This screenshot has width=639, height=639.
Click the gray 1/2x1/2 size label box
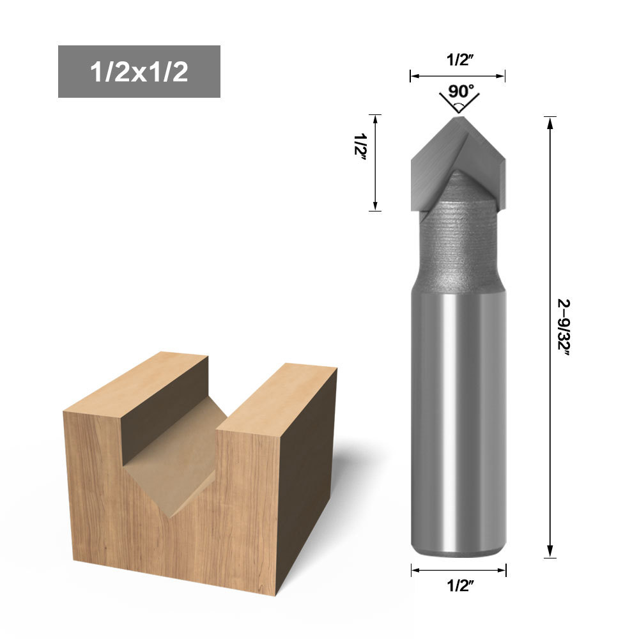click(x=139, y=72)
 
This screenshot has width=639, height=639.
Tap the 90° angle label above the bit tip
click(x=461, y=91)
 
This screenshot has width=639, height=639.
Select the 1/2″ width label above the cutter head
click(x=459, y=59)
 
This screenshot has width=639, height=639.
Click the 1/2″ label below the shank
click(x=460, y=585)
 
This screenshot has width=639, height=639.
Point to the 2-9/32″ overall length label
click(x=564, y=327)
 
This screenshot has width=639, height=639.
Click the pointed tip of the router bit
click(x=458, y=118)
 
